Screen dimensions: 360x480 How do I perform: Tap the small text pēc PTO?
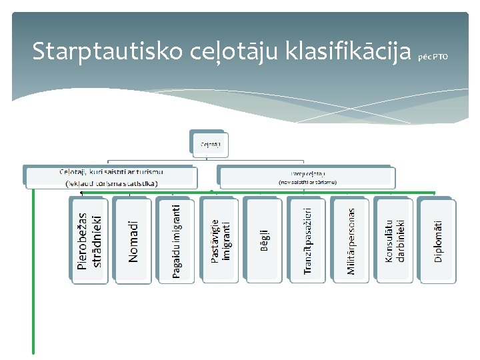pyautogui.click(x=433, y=57)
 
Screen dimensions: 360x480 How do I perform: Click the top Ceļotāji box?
pyautogui.click(x=207, y=143)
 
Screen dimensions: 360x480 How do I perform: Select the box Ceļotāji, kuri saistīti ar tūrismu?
pyautogui.click(x=110, y=176)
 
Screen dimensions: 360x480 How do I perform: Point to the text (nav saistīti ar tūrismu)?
pyautogui.click(x=307, y=182)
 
